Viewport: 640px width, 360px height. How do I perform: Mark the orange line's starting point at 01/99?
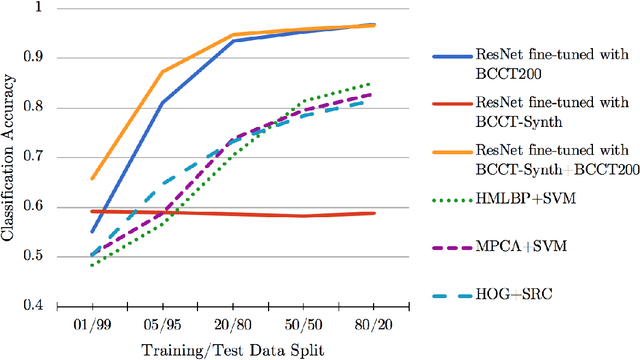93,179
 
